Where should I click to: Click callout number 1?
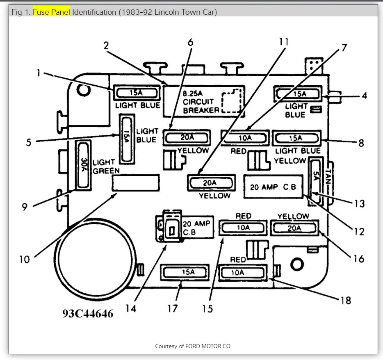(38, 73)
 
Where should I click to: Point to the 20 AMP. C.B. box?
(273, 187)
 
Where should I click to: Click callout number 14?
(130, 308)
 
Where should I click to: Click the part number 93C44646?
(88, 313)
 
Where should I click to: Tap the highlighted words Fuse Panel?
(52, 12)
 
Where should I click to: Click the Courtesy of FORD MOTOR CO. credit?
(193, 346)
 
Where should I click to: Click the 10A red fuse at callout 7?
(245, 138)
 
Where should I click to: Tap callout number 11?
(284, 42)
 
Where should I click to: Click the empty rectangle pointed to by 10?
(136, 182)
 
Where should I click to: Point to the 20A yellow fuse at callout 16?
(294, 228)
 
